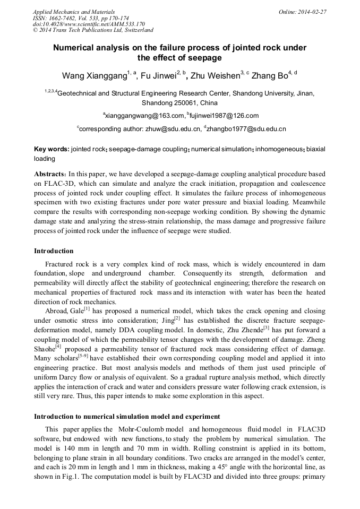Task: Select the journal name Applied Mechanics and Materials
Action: coord(74,11)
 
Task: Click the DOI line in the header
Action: coord(89,24)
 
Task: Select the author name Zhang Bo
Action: coord(269,76)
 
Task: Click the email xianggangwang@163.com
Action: coord(143,116)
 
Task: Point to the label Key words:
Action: coord(52,150)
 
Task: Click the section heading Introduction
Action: coord(54,251)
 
